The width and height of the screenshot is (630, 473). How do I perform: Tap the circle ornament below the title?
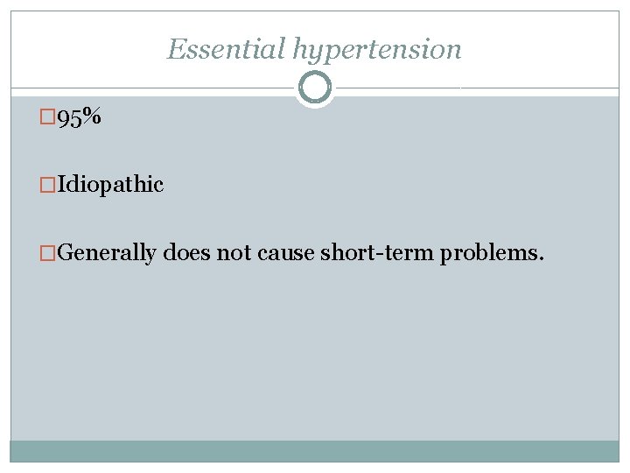coord(315,88)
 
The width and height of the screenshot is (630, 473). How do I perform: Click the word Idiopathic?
coord(110,185)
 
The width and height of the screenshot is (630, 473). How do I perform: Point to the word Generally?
coord(108,254)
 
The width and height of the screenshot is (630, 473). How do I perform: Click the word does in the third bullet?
coord(187,253)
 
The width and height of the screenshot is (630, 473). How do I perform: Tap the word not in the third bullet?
coord(234,253)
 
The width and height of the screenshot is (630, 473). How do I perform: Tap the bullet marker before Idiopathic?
coord(48,185)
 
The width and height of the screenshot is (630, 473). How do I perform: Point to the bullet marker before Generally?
coord(48,253)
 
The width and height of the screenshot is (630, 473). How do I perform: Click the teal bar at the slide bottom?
coord(315,451)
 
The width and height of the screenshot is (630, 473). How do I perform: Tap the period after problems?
coord(542,259)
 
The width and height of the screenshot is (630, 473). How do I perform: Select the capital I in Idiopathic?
coord(63,185)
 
